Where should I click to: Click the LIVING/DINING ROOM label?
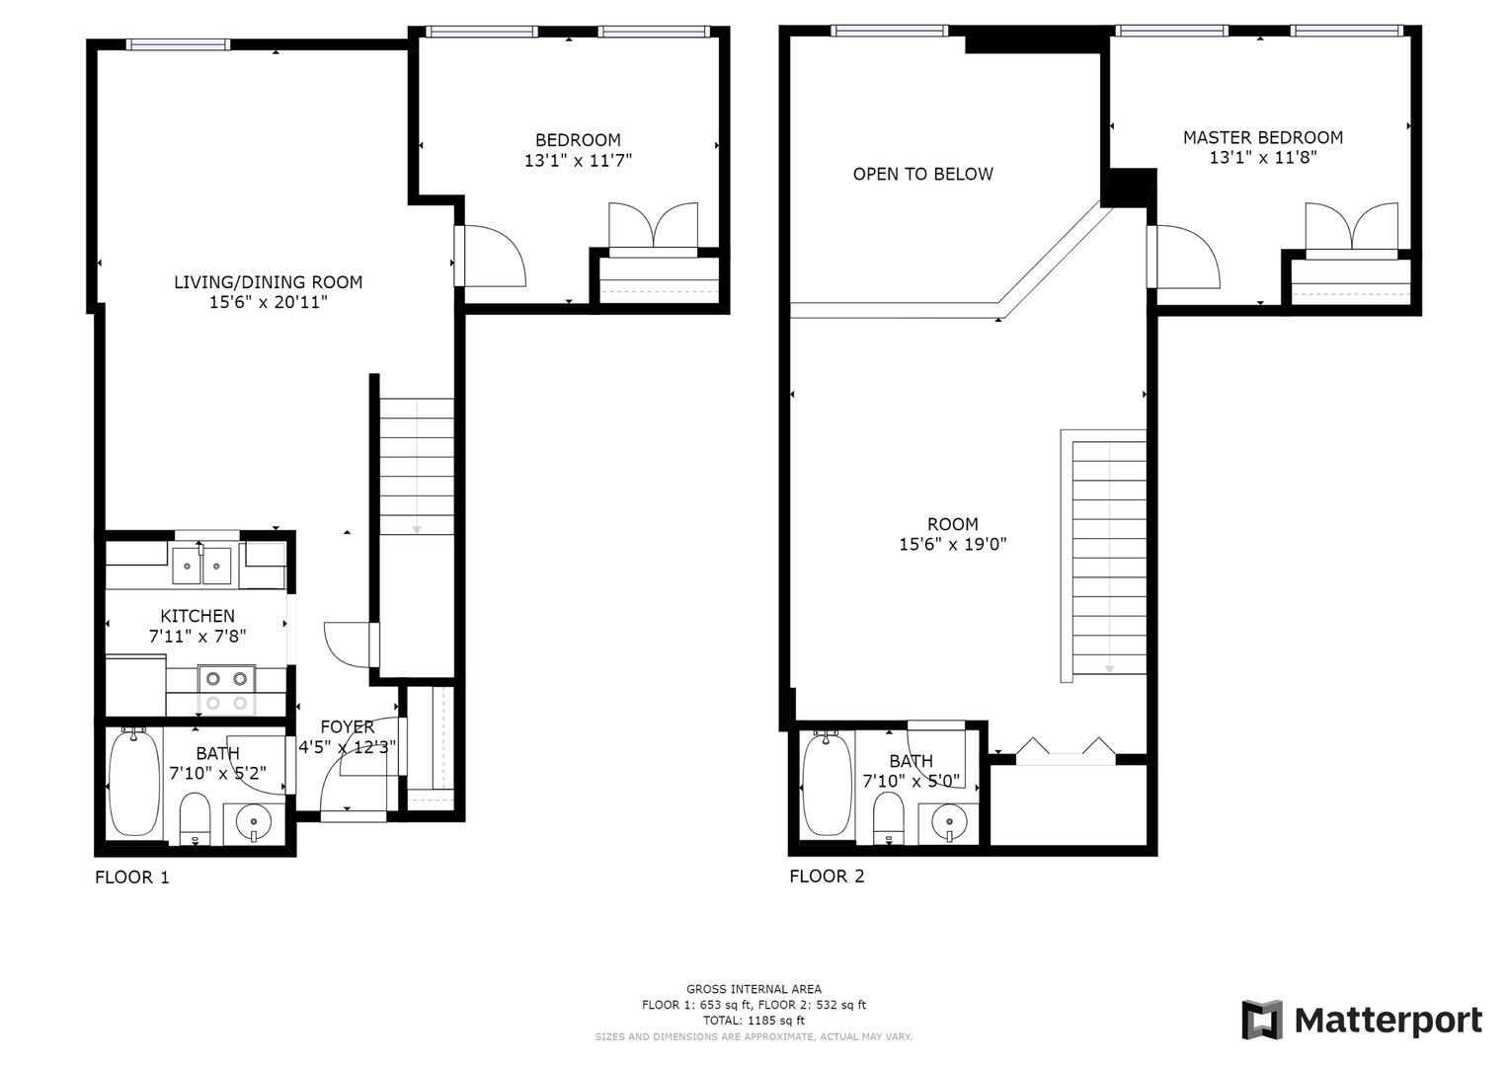[268, 282]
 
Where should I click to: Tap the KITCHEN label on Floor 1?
[198, 616]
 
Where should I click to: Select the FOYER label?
[348, 726]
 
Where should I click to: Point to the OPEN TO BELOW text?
[923, 175]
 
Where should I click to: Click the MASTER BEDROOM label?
[1263, 138]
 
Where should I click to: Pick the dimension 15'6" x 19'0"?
[953, 545]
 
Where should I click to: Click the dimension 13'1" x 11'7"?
[579, 161]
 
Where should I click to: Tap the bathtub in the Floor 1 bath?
[134, 784]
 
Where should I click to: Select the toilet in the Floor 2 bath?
[888, 817]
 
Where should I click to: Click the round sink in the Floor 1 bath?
[253, 821]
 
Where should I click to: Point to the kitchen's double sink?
[202, 566]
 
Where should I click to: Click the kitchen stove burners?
[226, 691]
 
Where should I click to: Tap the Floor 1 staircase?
[417, 466]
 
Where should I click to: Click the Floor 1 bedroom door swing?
[490, 256]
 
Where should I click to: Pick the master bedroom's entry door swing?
[1183, 257]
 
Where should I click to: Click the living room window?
[178, 44]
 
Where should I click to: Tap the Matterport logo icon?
[1263, 1021]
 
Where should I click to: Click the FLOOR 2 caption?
[827, 876]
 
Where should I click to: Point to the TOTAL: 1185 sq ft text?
[754, 1021]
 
